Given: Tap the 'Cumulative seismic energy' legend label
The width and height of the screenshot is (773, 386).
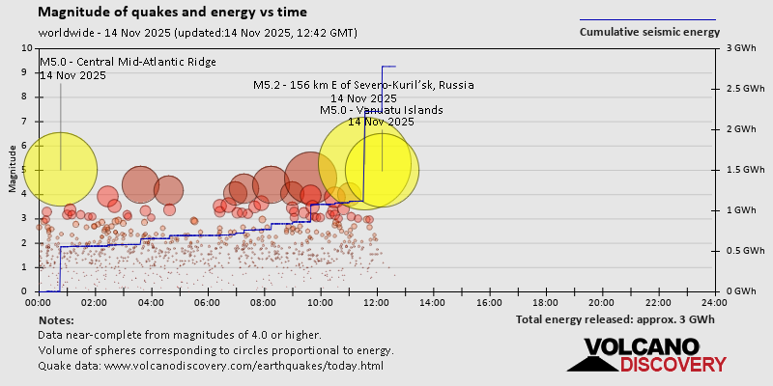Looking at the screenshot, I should [x=649, y=32].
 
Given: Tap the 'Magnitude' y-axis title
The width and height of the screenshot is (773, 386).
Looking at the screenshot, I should [x=13, y=170].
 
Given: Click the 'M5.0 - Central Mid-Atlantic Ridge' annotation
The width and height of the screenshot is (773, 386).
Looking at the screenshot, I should [x=128, y=63].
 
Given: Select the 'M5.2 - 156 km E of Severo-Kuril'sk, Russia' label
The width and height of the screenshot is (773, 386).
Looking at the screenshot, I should [x=363, y=85].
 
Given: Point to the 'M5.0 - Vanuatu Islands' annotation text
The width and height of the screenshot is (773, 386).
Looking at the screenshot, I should [x=381, y=110].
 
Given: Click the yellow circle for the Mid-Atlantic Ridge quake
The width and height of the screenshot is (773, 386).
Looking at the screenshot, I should [x=60, y=170].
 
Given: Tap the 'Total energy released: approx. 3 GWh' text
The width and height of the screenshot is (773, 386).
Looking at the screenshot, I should [x=615, y=319].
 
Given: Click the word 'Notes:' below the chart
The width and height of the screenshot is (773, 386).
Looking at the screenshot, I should [x=56, y=319].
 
